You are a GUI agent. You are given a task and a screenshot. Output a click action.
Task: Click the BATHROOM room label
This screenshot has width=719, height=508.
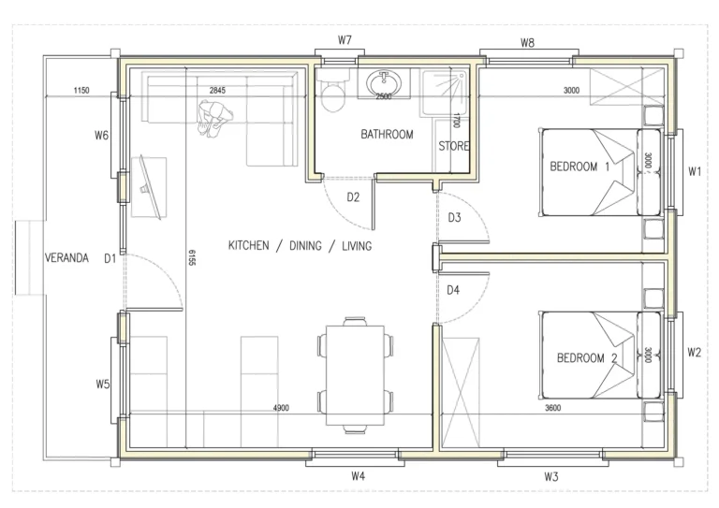[387, 135]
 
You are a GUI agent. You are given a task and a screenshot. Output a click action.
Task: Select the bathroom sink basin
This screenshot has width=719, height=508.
[384, 82]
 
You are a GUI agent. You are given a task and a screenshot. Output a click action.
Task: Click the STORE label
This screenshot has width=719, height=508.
[454, 147]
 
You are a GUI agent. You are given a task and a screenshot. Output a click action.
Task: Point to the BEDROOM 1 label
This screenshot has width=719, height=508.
[580, 167]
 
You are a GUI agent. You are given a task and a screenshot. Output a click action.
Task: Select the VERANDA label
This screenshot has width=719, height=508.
[66, 258]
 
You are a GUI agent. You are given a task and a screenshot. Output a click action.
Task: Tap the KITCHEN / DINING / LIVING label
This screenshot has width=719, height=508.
[300, 246]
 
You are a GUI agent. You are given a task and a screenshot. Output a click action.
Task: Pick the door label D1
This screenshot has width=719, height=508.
[110, 258]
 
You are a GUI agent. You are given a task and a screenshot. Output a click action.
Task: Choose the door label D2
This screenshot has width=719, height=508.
[353, 197]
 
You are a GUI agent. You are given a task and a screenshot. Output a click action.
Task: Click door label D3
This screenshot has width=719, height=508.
[454, 218]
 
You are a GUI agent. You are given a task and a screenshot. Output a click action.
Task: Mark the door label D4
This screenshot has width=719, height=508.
[454, 290]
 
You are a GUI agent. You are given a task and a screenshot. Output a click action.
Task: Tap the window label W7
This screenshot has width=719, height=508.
[345, 40]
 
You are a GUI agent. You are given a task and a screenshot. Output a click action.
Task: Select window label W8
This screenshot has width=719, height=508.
[527, 42]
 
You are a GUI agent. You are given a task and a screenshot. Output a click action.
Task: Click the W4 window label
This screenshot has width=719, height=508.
[358, 476]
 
